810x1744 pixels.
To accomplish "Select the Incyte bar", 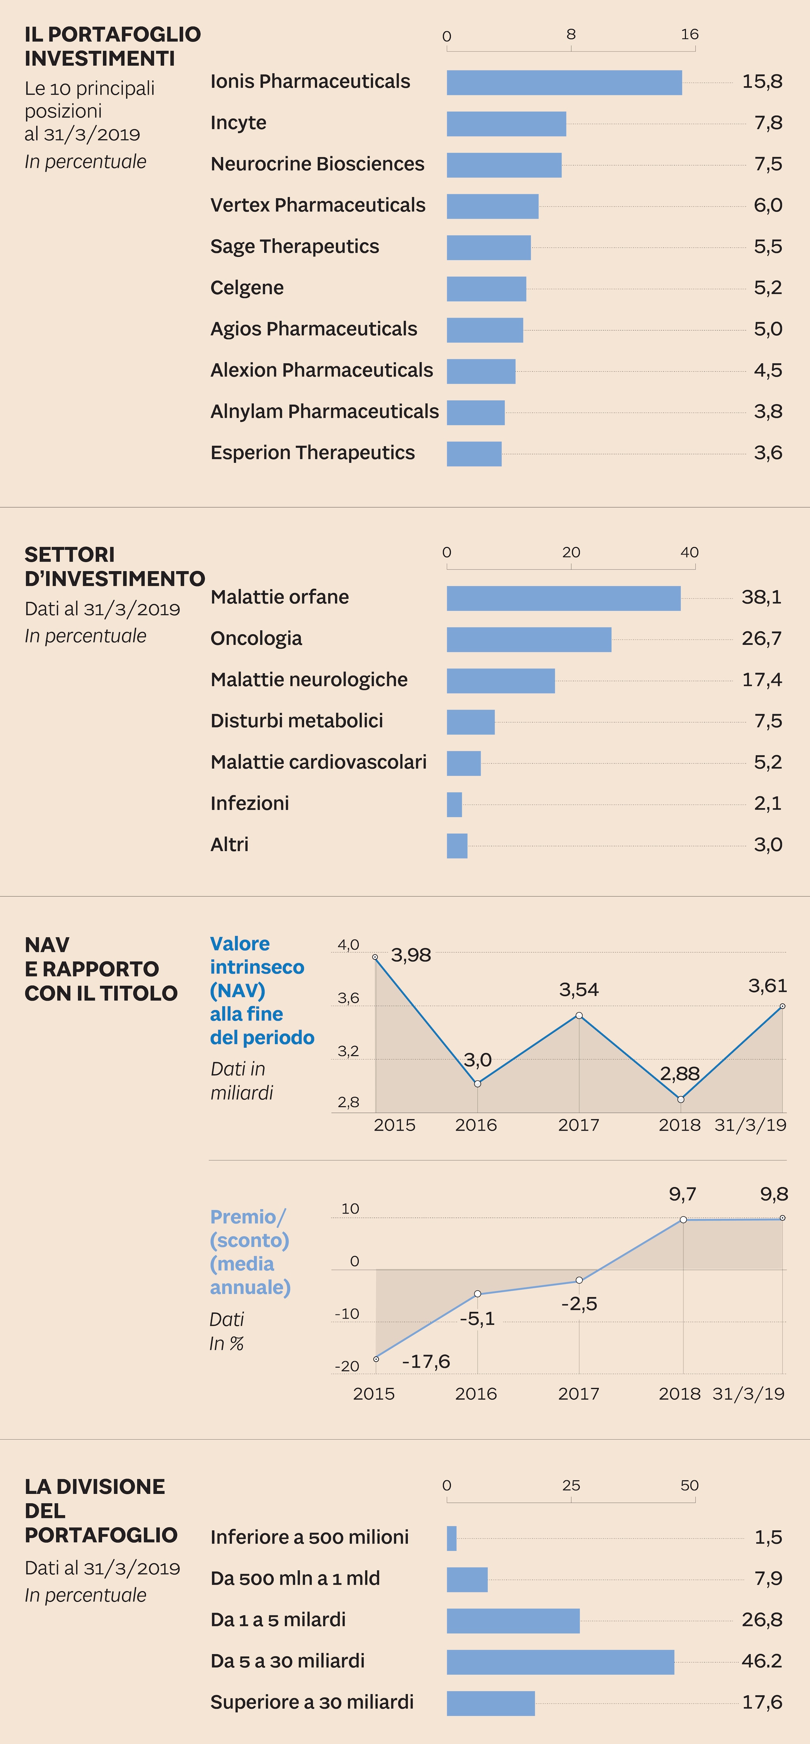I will [506, 124].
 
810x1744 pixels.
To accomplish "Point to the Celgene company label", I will [247, 288].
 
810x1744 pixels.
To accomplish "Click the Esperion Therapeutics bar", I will [474, 454].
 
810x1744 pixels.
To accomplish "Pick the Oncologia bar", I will [528, 640].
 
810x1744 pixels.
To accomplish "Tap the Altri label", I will [229, 845].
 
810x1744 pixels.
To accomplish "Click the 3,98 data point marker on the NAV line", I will [376, 957].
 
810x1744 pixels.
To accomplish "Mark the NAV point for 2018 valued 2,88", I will [681, 1099].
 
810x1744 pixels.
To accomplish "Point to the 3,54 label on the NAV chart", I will [579, 990].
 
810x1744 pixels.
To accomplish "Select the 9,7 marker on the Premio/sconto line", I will [683, 1219].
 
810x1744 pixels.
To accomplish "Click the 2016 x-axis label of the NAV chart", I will [476, 1125].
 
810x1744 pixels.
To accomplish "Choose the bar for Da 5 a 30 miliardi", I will [560, 1662].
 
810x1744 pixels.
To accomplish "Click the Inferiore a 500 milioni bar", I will [451, 1538].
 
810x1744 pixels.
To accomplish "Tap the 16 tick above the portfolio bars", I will [689, 34].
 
